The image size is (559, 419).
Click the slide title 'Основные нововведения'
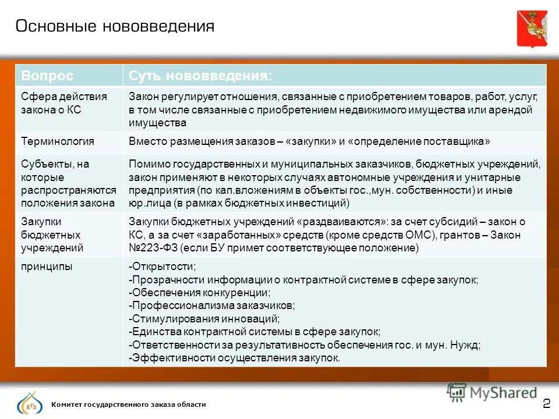115,26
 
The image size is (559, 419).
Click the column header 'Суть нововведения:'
200,76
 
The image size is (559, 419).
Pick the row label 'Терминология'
58,141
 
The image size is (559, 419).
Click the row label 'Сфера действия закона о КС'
64,103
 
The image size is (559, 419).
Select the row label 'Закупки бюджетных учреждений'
52,235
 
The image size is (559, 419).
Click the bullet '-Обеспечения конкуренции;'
199,293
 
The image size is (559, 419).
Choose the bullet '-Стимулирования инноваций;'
204,319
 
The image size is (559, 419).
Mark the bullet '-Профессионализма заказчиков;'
211,306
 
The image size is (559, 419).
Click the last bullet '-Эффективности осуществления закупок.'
234,358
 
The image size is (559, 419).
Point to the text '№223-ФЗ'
153,248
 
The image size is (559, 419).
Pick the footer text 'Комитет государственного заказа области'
129,404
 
